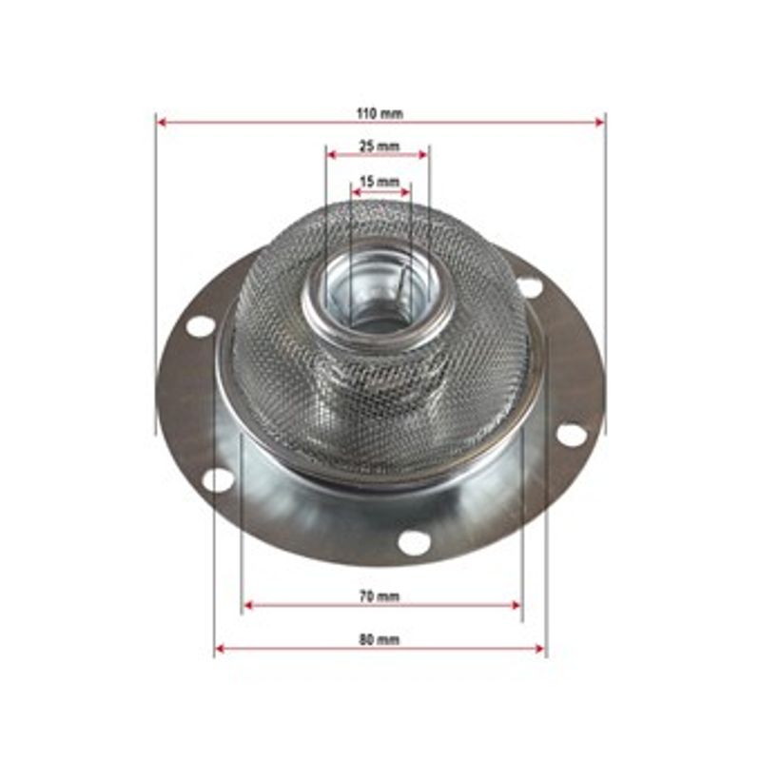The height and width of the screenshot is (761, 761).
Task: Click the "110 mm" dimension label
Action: [x=380, y=114]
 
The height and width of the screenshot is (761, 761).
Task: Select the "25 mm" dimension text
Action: [x=379, y=146]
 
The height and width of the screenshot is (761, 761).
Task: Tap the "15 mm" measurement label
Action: [x=380, y=182]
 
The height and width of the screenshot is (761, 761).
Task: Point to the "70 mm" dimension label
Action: [x=380, y=596]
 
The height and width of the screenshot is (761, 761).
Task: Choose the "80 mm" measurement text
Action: [x=380, y=639]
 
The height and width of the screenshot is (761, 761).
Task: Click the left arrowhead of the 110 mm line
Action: [x=163, y=123]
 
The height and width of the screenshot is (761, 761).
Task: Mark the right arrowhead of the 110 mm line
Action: [x=599, y=123]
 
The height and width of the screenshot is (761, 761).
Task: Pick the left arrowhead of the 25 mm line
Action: [x=332, y=155]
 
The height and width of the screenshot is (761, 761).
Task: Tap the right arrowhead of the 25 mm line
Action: [x=422, y=155]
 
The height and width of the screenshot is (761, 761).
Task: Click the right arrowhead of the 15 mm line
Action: [x=406, y=192]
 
